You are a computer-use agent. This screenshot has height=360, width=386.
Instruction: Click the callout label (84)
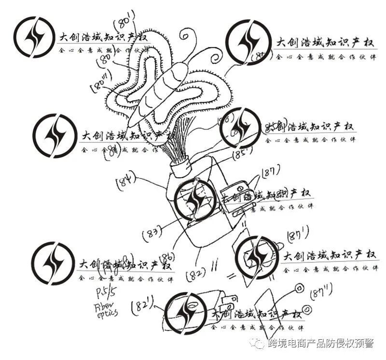[x=126, y=181]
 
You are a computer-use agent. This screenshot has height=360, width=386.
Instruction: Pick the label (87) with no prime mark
[x=271, y=172]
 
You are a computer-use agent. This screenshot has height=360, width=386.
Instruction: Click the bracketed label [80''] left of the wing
[x=100, y=85]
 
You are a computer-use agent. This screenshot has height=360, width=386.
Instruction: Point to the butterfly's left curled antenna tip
[x=186, y=35]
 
